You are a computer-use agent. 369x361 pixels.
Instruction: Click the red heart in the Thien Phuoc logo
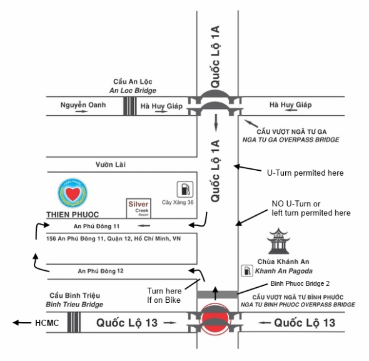pyautogui.click(x=73, y=194)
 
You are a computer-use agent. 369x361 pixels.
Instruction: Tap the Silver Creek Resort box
pyautogui.click(x=138, y=208)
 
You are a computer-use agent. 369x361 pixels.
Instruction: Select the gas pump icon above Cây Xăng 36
pyautogui.click(x=185, y=189)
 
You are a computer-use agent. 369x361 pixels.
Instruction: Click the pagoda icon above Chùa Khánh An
pyautogui.click(x=278, y=241)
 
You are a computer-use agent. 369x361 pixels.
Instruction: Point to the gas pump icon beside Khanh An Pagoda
pyautogui.click(x=247, y=270)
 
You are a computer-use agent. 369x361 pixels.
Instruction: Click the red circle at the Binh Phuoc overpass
pyautogui.click(x=215, y=319)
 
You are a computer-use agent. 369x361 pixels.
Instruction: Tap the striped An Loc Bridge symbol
pyautogui.click(x=129, y=106)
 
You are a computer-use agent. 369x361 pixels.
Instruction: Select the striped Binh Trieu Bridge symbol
pyautogui.click(x=74, y=322)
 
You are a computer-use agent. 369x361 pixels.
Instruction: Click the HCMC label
pyautogui.click(x=47, y=323)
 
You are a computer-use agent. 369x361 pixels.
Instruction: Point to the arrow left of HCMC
pyautogui.click(x=22, y=323)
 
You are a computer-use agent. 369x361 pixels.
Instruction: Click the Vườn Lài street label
pyautogui.click(x=111, y=165)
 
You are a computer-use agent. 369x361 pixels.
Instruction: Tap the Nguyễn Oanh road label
pyautogui.click(x=83, y=104)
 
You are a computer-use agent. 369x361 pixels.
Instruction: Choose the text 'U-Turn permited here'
pyautogui.click(x=305, y=173)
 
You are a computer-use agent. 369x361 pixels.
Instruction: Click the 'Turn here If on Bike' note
pyautogui.click(x=164, y=295)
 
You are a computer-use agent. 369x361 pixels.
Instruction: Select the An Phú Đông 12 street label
pyautogui.click(x=101, y=271)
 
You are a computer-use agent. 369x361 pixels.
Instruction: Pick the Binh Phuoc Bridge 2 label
pyautogui.click(x=300, y=283)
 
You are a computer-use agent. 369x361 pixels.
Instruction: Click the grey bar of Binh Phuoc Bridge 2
pyautogui.click(x=217, y=295)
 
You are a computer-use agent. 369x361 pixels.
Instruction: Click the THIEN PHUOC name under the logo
pyautogui.click(x=73, y=215)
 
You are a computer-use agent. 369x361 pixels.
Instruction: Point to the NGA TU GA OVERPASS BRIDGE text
pyautogui.click(x=291, y=140)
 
